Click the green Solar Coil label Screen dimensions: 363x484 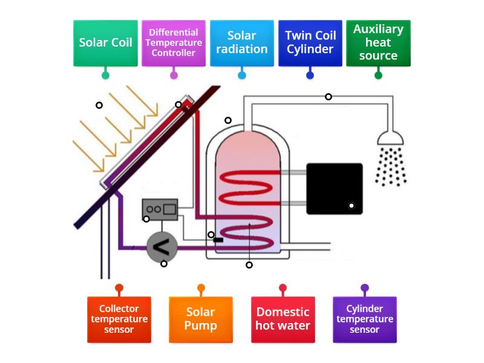point(105,43)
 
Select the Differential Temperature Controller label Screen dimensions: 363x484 point(174,43)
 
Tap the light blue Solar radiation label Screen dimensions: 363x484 point(242,43)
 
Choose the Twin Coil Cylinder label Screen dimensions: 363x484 point(310,43)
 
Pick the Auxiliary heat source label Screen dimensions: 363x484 point(378,43)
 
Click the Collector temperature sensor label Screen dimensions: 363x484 point(119,319)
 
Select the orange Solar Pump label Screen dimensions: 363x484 point(201,319)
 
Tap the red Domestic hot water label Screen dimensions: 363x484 point(283,319)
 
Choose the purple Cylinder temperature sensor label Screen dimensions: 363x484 point(365,319)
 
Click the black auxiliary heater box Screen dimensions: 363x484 point(334,188)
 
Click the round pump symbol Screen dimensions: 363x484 point(162,246)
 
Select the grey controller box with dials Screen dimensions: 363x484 point(160,209)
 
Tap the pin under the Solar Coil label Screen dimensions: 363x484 point(105,75)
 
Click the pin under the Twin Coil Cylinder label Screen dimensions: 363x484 point(310,75)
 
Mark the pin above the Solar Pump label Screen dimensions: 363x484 point(201,288)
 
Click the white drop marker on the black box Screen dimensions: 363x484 point(351,206)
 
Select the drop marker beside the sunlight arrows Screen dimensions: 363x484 point(99,105)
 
